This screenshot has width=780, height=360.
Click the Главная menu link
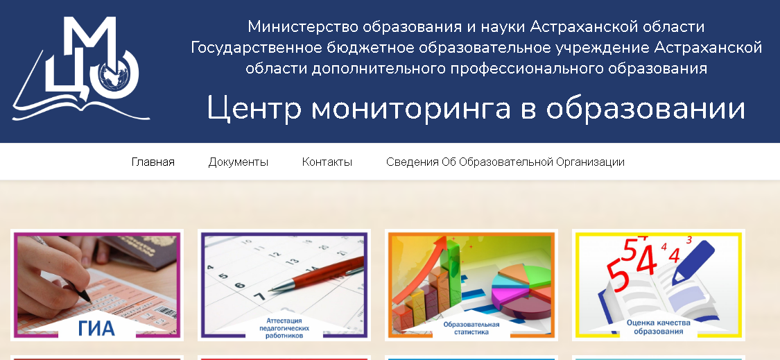(153, 162)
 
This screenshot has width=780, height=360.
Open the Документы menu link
(239, 162)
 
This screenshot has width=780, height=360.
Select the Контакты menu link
(327, 162)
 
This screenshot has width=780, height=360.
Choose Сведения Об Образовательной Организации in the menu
(505, 162)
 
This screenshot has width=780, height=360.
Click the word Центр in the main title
(254, 108)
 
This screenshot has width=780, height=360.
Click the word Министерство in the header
(303, 26)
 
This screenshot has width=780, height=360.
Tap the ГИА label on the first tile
(96, 329)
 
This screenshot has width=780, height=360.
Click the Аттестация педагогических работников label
(284, 328)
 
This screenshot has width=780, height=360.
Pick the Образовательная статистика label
(471, 328)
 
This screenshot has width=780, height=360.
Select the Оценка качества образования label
(658, 327)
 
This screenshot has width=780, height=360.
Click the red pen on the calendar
(316, 275)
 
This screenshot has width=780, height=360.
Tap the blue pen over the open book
(693, 262)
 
